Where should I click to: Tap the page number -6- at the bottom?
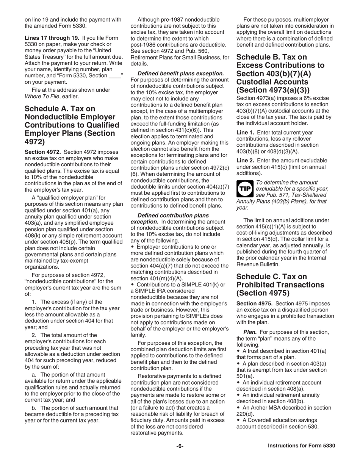tap(180, 446)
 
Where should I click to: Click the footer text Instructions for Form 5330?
tap(301, 446)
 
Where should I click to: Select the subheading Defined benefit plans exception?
tap(181, 73)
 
